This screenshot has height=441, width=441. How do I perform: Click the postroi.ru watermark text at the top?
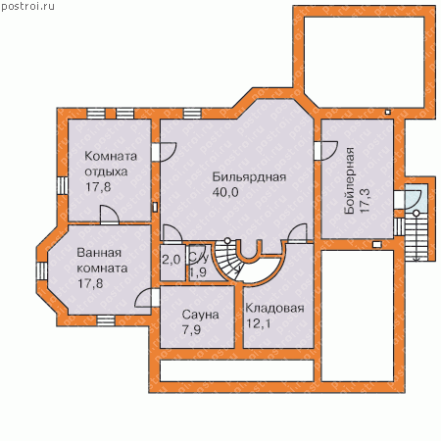[x=27, y=7]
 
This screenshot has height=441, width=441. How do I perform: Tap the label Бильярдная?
[x=249, y=177]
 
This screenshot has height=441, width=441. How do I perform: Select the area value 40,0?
[x=225, y=192]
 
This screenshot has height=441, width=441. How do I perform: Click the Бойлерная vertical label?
[x=350, y=180]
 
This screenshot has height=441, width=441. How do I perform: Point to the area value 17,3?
[x=365, y=200]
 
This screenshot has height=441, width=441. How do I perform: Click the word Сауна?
[x=200, y=315]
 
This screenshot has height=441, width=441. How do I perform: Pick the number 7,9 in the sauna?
[x=192, y=329]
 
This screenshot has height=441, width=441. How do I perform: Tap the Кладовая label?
[x=274, y=308]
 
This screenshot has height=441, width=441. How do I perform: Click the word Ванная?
[x=95, y=253]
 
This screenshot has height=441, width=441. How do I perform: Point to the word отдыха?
[x=106, y=171]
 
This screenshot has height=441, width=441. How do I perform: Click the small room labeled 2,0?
[x=172, y=263]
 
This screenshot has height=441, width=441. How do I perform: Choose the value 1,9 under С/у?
[x=198, y=272]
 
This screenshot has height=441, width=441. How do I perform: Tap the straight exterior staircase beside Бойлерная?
[x=416, y=239]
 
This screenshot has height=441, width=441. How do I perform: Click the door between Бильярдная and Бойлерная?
[x=325, y=151]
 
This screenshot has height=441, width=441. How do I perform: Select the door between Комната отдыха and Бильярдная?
[x=164, y=152]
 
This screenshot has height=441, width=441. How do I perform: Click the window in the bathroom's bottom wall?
[x=105, y=320]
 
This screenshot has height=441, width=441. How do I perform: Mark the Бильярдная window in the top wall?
[x=192, y=114]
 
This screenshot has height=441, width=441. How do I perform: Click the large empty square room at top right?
[x=365, y=62]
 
